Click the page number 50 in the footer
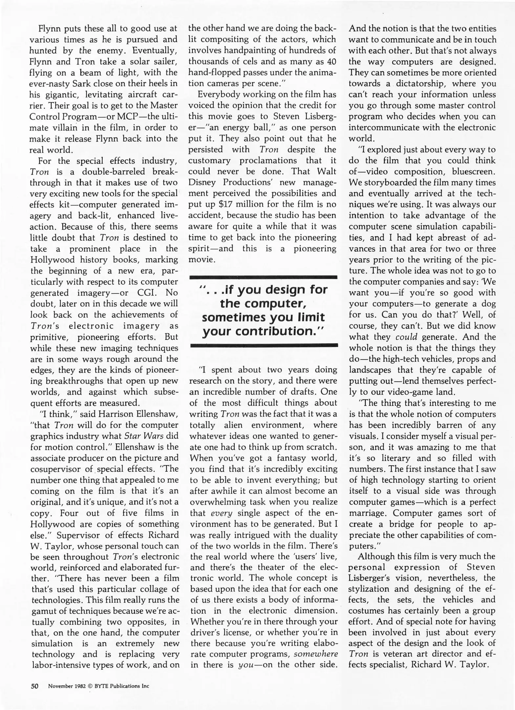pos(35,686)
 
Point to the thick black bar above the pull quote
pos(264,277)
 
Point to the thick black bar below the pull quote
pos(264,345)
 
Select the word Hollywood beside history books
pos(53,260)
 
